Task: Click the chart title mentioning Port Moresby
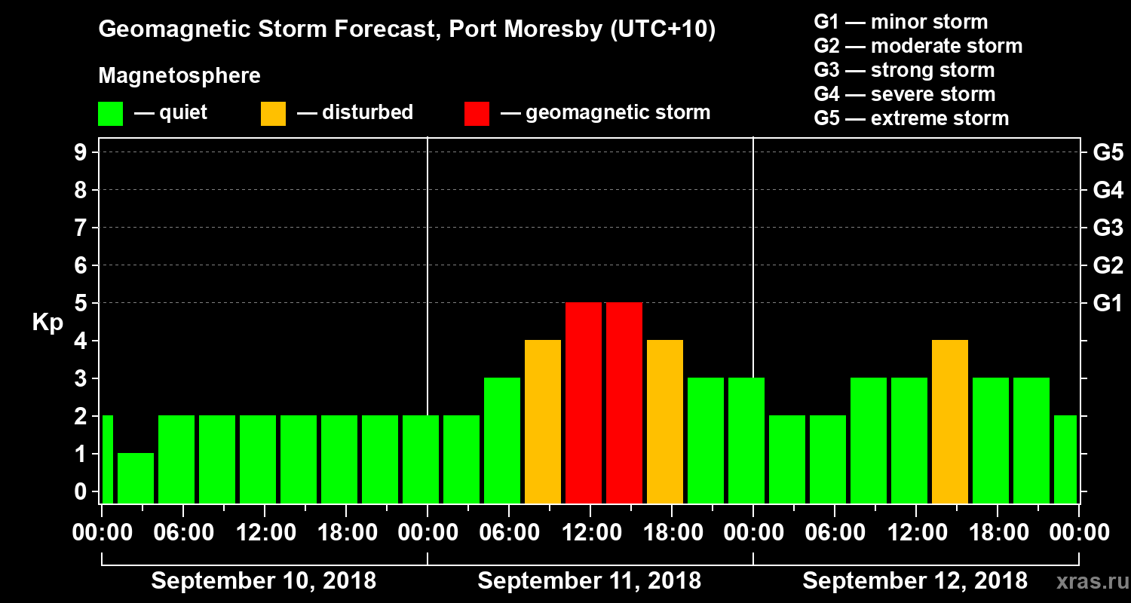407,30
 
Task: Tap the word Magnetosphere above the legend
179,76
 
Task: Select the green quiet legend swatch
110,113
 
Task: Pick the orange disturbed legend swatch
273,113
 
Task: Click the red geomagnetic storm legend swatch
477,113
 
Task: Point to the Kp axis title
48,322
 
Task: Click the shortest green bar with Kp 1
136,478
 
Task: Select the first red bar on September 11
584,403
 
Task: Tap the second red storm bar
624,403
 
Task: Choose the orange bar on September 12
950,421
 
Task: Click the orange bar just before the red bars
543,421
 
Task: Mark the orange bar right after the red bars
665,421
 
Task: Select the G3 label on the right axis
1108,228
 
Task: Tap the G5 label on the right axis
1108,152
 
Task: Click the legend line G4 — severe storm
905,94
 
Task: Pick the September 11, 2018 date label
589,581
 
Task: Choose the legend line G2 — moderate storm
918,46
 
